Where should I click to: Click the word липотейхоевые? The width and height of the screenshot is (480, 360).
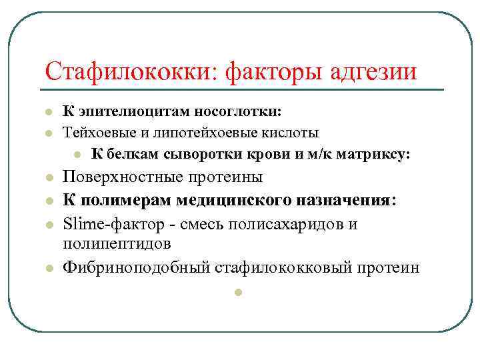pos(198,133)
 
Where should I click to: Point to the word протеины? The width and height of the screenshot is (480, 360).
pos(227,177)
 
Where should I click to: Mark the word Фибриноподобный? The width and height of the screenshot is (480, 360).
pos(136,267)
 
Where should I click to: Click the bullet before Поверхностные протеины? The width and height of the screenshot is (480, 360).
pos(49,178)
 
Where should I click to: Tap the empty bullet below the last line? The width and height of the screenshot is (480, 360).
pos(236,292)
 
